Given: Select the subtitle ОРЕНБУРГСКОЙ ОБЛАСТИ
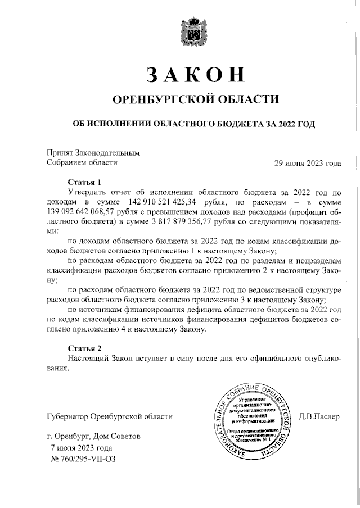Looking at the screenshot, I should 196,99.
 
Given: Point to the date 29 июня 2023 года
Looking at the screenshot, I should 307,163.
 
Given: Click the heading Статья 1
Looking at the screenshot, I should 84,182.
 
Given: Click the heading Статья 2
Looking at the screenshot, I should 84,348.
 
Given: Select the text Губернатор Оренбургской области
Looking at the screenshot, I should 110,417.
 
